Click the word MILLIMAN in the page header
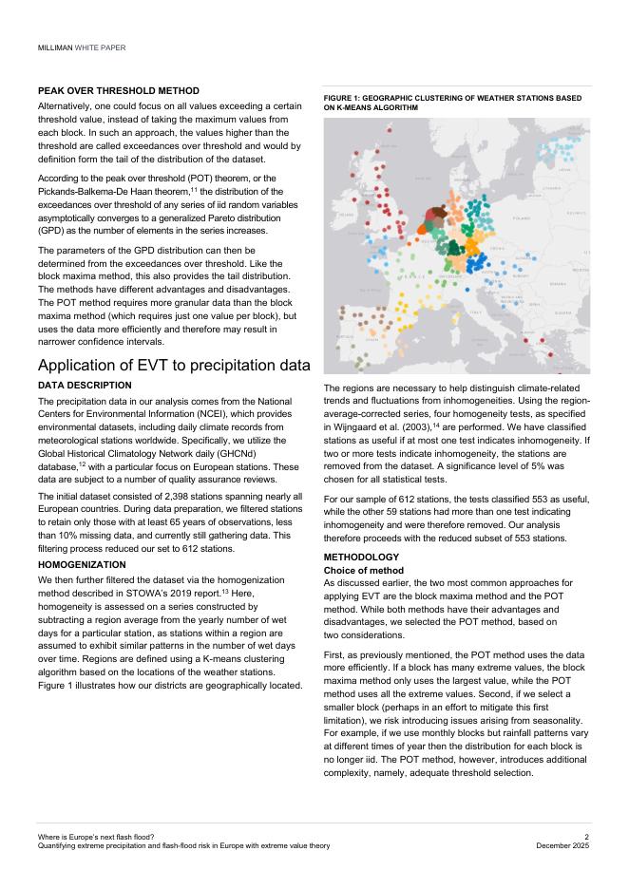pyautogui.click(x=54, y=47)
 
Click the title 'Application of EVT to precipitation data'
pyautogui.click(x=174, y=366)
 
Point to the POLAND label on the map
pyautogui.click(x=520, y=218)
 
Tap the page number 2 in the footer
pyautogui.click(x=587, y=837)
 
